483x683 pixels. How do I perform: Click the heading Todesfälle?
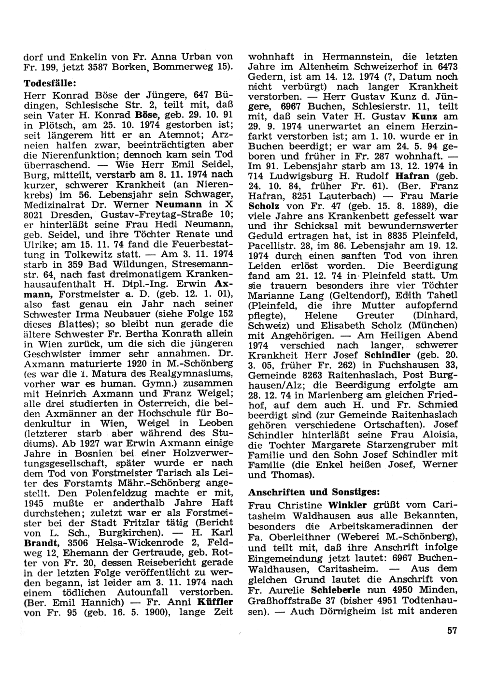point(51,84)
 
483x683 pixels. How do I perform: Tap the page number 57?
point(452,630)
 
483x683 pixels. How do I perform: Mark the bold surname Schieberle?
point(338,591)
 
